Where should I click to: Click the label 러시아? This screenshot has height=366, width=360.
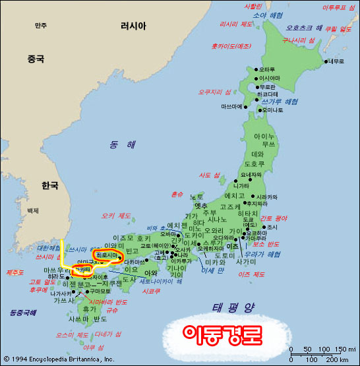[x=133, y=26]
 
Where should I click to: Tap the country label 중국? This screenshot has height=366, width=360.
[x=36, y=59]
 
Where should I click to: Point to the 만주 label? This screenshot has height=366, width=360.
[x=41, y=26]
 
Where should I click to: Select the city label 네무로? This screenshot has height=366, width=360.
[x=336, y=61]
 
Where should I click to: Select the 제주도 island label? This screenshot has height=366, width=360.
[x=15, y=272]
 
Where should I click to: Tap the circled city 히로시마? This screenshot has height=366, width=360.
[x=108, y=254]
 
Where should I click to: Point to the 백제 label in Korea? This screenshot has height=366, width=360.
[x=32, y=210]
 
